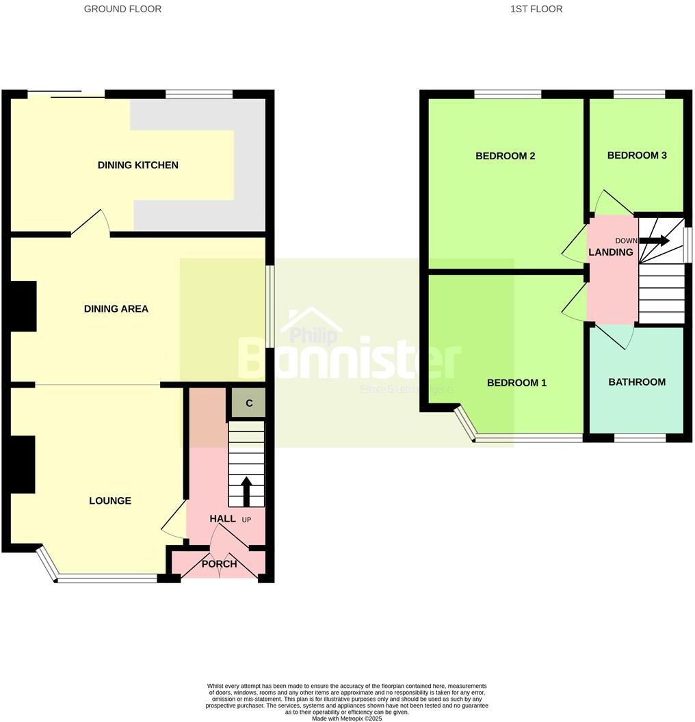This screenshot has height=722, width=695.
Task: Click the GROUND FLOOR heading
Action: [x=122, y=9]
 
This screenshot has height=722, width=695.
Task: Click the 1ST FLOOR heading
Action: [x=536, y=9]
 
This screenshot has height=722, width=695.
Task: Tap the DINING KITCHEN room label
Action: [x=137, y=165]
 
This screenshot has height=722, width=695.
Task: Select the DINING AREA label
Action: [x=116, y=308]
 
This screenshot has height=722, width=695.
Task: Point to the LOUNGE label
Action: [x=109, y=500]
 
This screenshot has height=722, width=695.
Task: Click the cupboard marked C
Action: [x=249, y=403]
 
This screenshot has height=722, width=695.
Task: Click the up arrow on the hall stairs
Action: [x=246, y=490]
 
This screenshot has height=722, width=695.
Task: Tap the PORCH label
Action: [x=219, y=564]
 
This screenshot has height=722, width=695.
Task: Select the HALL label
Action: [x=222, y=519]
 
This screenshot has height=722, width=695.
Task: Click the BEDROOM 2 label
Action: [x=505, y=156]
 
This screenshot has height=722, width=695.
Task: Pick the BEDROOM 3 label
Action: [x=636, y=155]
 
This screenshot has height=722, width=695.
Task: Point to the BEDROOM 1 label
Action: [x=516, y=382]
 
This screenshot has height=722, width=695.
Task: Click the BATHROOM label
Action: [x=636, y=382]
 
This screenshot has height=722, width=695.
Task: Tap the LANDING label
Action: [x=610, y=252]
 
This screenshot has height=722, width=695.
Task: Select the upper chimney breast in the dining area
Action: [x=23, y=306]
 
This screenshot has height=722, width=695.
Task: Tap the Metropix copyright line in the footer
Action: [x=347, y=718]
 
